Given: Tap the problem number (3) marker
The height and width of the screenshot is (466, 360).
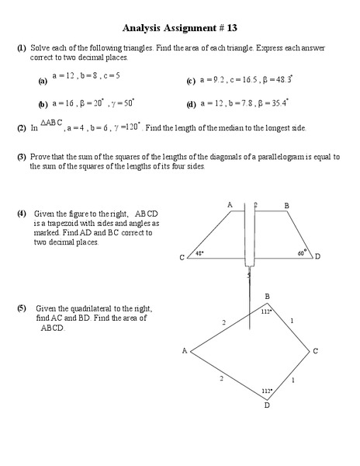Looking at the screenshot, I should click(x=21, y=157).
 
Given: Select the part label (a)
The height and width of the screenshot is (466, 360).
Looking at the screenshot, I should click(x=43, y=81).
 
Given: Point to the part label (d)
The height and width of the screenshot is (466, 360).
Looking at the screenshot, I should click(x=191, y=104).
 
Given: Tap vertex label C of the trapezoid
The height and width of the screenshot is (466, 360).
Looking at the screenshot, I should click(x=182, y=257).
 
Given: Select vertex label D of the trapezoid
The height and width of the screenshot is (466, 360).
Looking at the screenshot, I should click(x=317, y=256).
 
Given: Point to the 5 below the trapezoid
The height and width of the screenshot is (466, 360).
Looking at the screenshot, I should click(x=248, y=275).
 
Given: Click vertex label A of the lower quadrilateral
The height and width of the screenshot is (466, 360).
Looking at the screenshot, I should click(x=185, y=351).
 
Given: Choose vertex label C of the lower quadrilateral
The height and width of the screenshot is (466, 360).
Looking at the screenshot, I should click(x=316, y=351).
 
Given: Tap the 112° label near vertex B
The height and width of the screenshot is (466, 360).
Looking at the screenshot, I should click(x=265, y=311).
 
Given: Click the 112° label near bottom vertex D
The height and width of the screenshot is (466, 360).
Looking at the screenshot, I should click(x=266, y=391).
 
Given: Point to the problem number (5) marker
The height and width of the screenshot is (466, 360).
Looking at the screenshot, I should click(x=21, y=308).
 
